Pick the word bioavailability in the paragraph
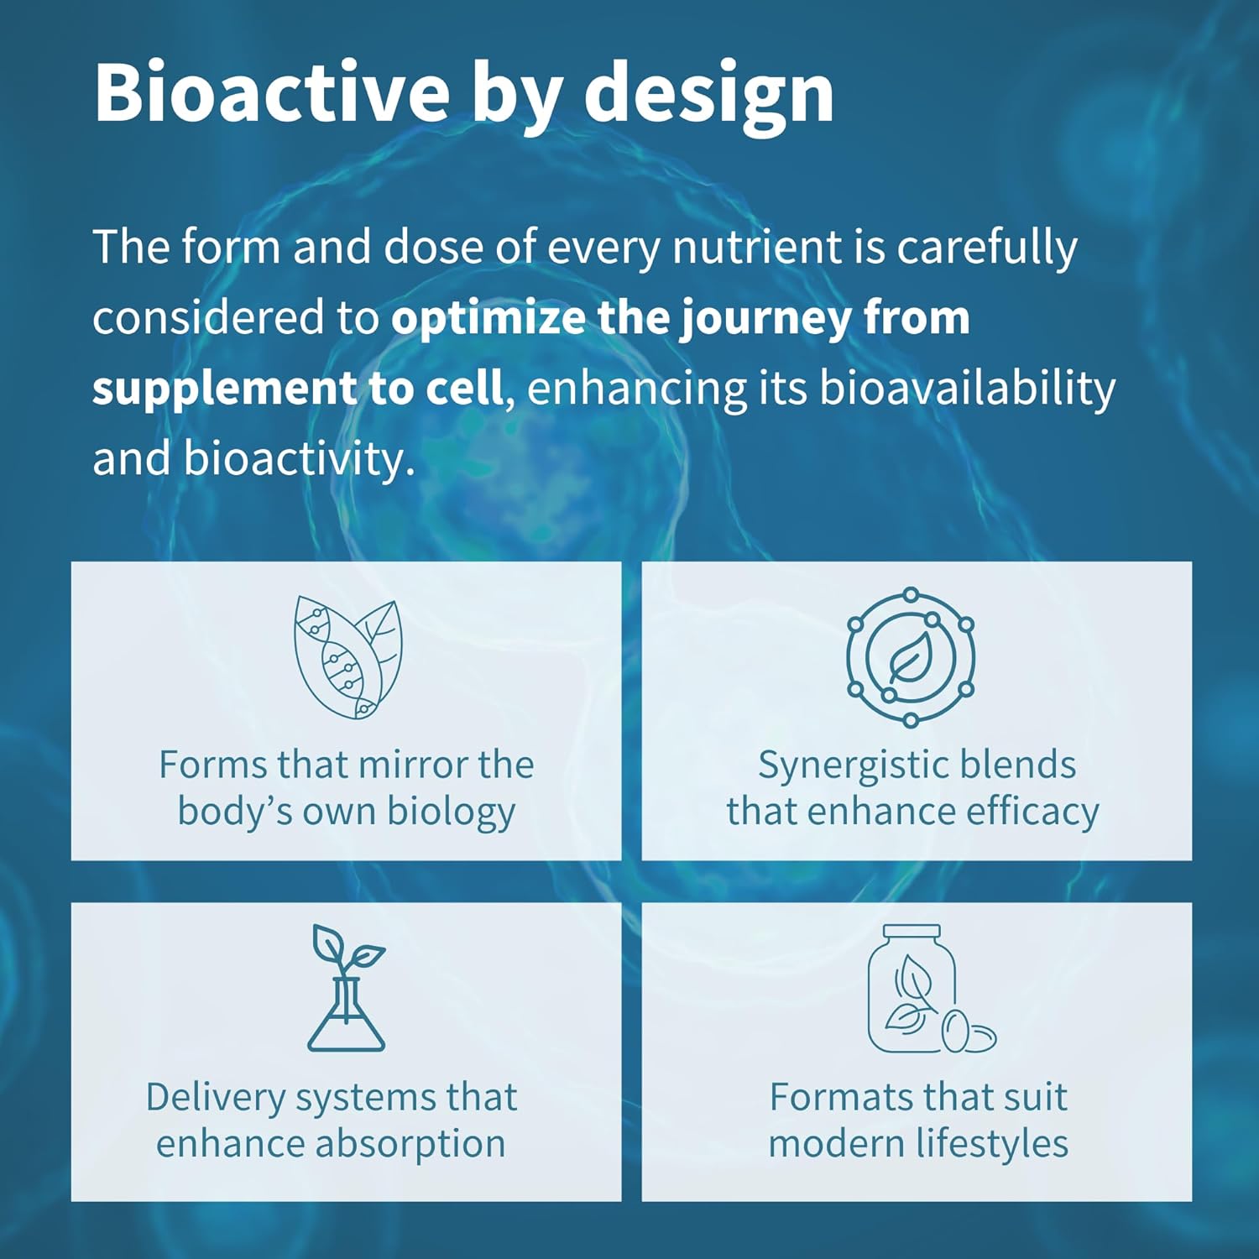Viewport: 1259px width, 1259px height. pyautogui.click(x=967, y=389)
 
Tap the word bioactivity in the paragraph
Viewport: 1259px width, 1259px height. pyautogui.click(x=299, y=459)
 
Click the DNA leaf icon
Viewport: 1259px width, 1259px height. pyautogui.click(x=347, y=657)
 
